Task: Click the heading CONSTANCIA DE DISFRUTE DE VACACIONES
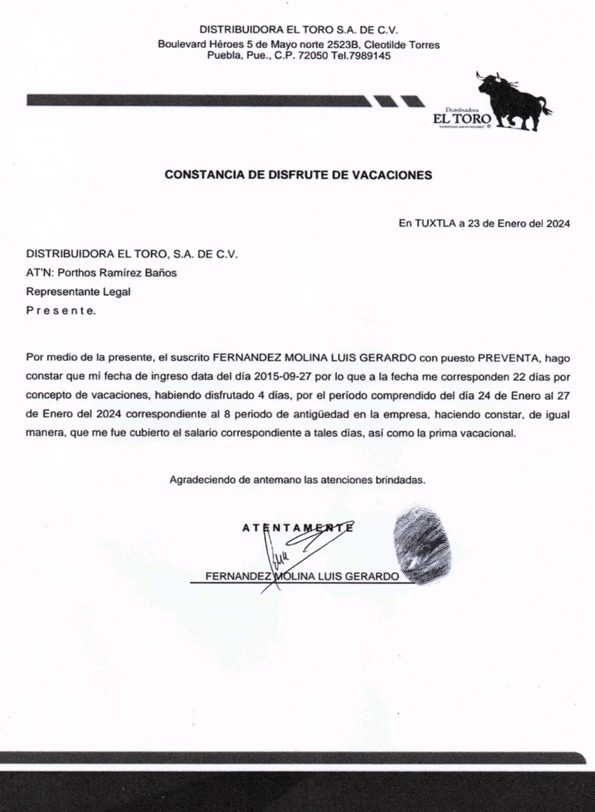298,175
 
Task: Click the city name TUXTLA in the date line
434,224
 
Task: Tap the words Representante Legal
78,292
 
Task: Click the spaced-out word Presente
61,311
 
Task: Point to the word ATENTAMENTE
298,528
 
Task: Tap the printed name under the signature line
301,576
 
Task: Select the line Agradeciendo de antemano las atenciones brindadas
297,480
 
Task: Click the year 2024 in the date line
557,224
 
